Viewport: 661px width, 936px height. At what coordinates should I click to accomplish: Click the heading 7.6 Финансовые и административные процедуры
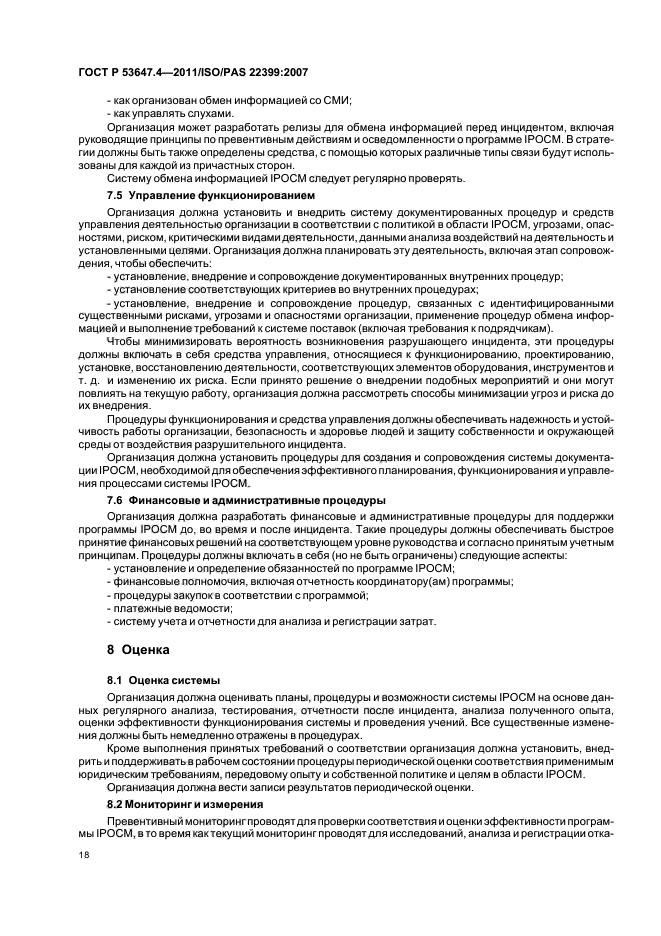coord(246,498)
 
